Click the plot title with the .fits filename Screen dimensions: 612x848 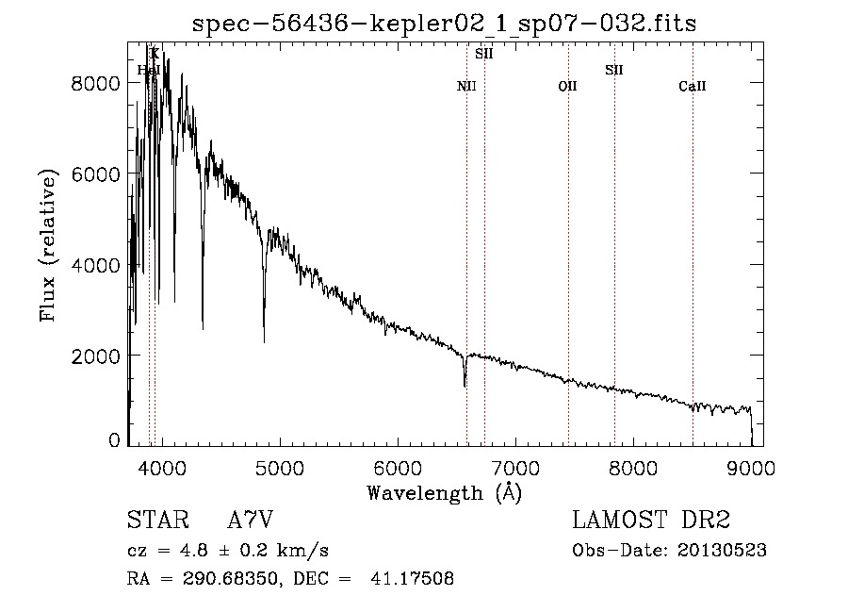click(x=444, y=23)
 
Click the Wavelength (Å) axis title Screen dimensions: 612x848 click(x=444, y=492)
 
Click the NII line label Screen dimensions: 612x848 click(x=466, y=87)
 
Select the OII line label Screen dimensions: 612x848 click(x=567, y=87)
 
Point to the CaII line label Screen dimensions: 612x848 click(x=693, y=87)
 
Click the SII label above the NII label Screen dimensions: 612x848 click(x=484, y=54)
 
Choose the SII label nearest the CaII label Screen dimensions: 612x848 click(x=614, y=70)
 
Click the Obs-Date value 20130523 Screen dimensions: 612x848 click(x=721, y=551)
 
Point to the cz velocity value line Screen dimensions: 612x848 click(x=227, y=551)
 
